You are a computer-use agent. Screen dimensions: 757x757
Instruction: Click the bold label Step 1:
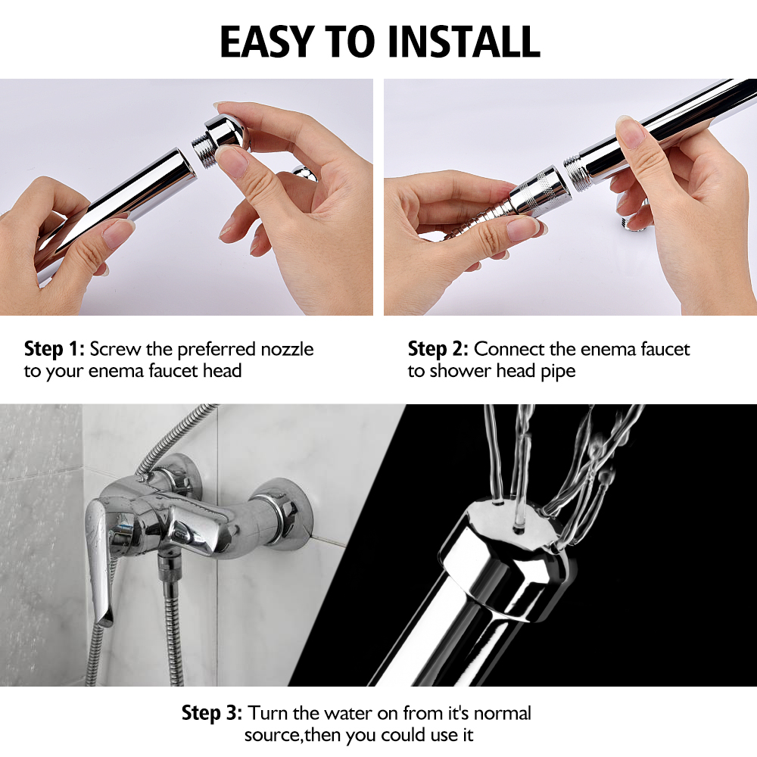[55, 349]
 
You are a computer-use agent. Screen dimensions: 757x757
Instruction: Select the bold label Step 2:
[438, 349]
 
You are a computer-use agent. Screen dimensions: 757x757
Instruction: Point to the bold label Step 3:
[212, 713]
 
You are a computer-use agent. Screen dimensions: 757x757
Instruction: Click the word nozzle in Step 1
[285, 349]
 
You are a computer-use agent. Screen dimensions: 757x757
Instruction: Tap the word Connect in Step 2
[509, 349]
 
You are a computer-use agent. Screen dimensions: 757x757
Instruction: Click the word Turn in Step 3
[266, 713]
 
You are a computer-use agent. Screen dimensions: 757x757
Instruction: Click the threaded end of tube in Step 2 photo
[573, 167]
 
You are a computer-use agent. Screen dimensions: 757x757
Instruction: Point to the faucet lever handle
[98, 553]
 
